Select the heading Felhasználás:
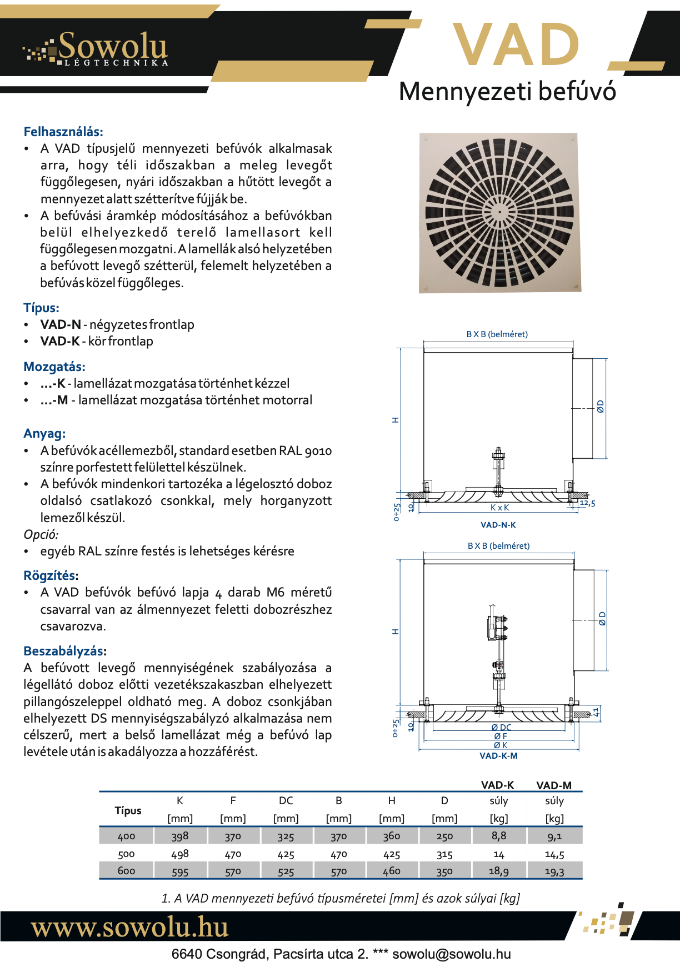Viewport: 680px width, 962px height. pyautogui.click(x=63, y=132)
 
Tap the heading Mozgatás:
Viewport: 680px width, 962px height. pyautogui.click(x=54, y=367)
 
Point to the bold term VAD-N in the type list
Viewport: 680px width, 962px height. pyautogui.click(x=61, y=324)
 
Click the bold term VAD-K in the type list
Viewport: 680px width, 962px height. pyautogui.click(x=60, y=341)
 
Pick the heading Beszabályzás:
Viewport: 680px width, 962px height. pyautogui.click(x=65, y=651)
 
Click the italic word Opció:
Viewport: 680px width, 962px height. pyautogui.click(x=41, y=534)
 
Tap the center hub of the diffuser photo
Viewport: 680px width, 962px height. pyautogui.click(x=499, y=212)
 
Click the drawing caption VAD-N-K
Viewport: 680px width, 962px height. pyautogui.click(x=498, y=525)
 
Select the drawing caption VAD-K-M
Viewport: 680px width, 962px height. pyautogui.click(x=498, y=756)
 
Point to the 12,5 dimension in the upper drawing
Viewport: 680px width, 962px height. pyautogui.click(x=587, y=503)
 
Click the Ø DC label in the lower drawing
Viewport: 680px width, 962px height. pyautogui.click(x=501, y=727)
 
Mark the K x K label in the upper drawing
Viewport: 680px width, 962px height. pyautogui.click(x=499, y=508)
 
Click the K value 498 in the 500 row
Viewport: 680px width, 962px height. pyautogui.click(x=180, y=854)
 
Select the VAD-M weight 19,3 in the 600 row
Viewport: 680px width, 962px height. pyautogui.click(x=554, y=871)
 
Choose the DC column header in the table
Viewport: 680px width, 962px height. pyautogui.click(x=286, y=800)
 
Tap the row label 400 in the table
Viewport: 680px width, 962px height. pyautogui.click(x=127, y=836)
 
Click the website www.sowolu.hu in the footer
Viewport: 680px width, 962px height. pyautogui.click(x=129, y=927)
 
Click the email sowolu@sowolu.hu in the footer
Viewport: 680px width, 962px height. pyautogui.click(x=451, y=954)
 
